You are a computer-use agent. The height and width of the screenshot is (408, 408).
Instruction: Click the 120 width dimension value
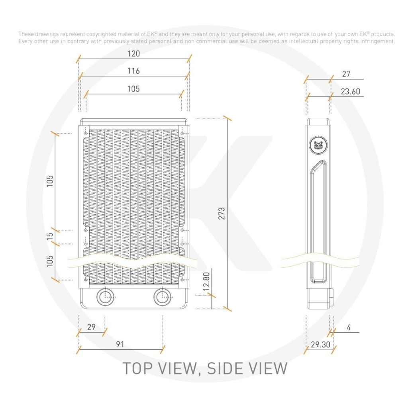click(x=133, y=54)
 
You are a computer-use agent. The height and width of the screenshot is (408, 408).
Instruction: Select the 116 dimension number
click(x=133, y=71)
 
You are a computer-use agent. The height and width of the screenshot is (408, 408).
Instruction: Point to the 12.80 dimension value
click(x=206, y=281)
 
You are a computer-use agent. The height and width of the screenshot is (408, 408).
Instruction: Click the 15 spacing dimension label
click(x=50, y=236)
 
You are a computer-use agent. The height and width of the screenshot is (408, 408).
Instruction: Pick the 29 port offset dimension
click(x=91, y=327)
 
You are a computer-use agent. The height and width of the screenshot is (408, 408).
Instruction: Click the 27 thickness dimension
click(x=346, y=74)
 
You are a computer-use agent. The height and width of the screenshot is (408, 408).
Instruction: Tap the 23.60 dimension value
click(x=350, y=92)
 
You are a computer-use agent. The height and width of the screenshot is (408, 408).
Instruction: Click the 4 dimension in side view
click(x=349, y=328)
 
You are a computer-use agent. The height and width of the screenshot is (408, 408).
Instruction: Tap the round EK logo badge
click(x=318, y=143)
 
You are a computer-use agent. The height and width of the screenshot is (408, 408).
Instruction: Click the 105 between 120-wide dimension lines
click(x=133, y=89)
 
